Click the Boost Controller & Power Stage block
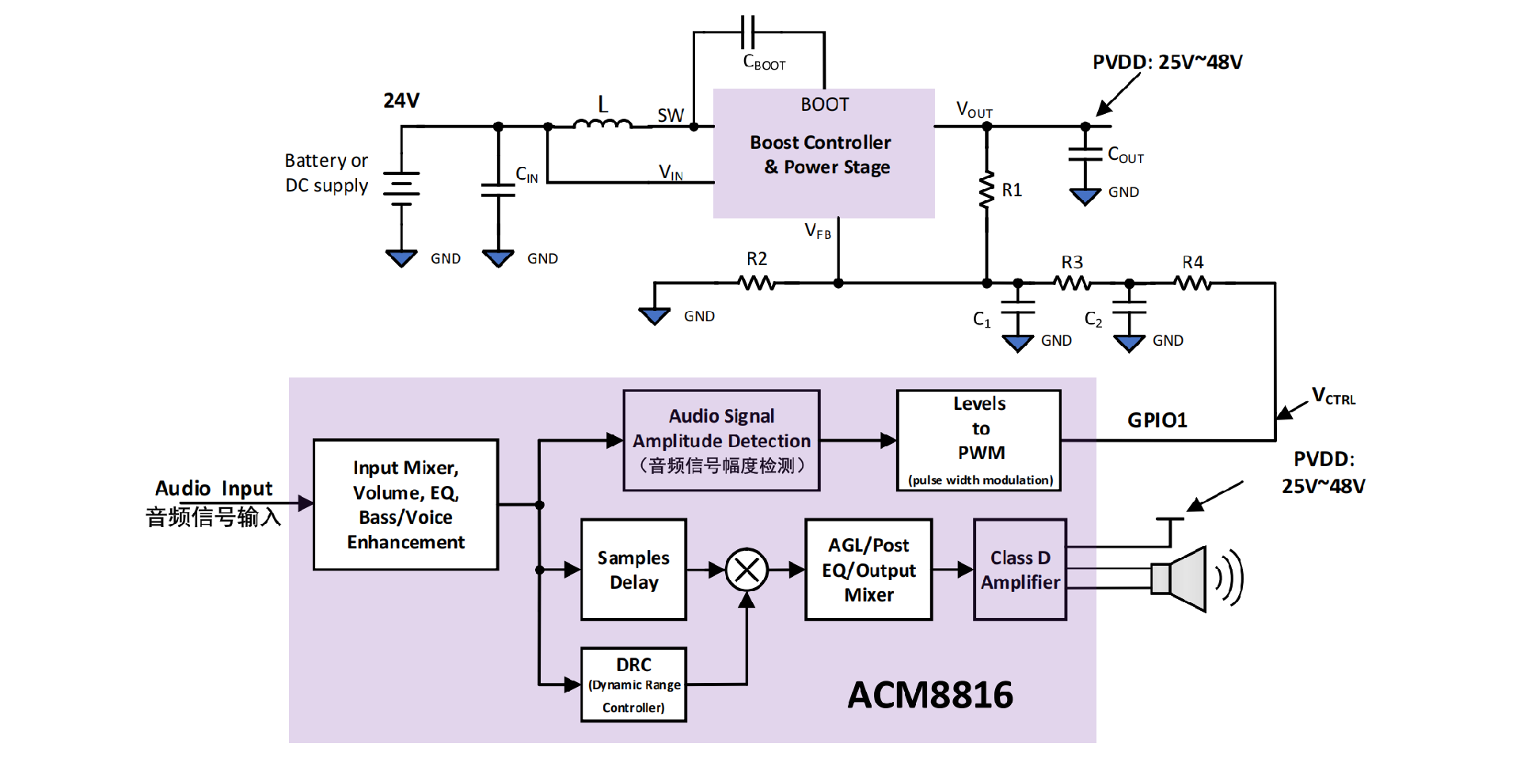point(823,153)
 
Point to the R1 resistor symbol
point(986,190)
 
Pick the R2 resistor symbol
point(757,283)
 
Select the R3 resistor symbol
point(1072,283)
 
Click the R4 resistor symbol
point(1193,283)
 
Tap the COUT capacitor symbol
point(1085,154)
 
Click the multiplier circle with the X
point(747,570)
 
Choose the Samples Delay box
point(633,570)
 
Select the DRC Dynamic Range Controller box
point(633,685)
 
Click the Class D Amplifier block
point(1020,570)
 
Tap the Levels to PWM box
point(978,441)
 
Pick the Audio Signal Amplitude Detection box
point(721,441)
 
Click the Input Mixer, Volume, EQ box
point(405,505)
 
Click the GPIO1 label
point(1157,420)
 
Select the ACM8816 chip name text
point(930,695)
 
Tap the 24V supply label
point(401,101)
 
